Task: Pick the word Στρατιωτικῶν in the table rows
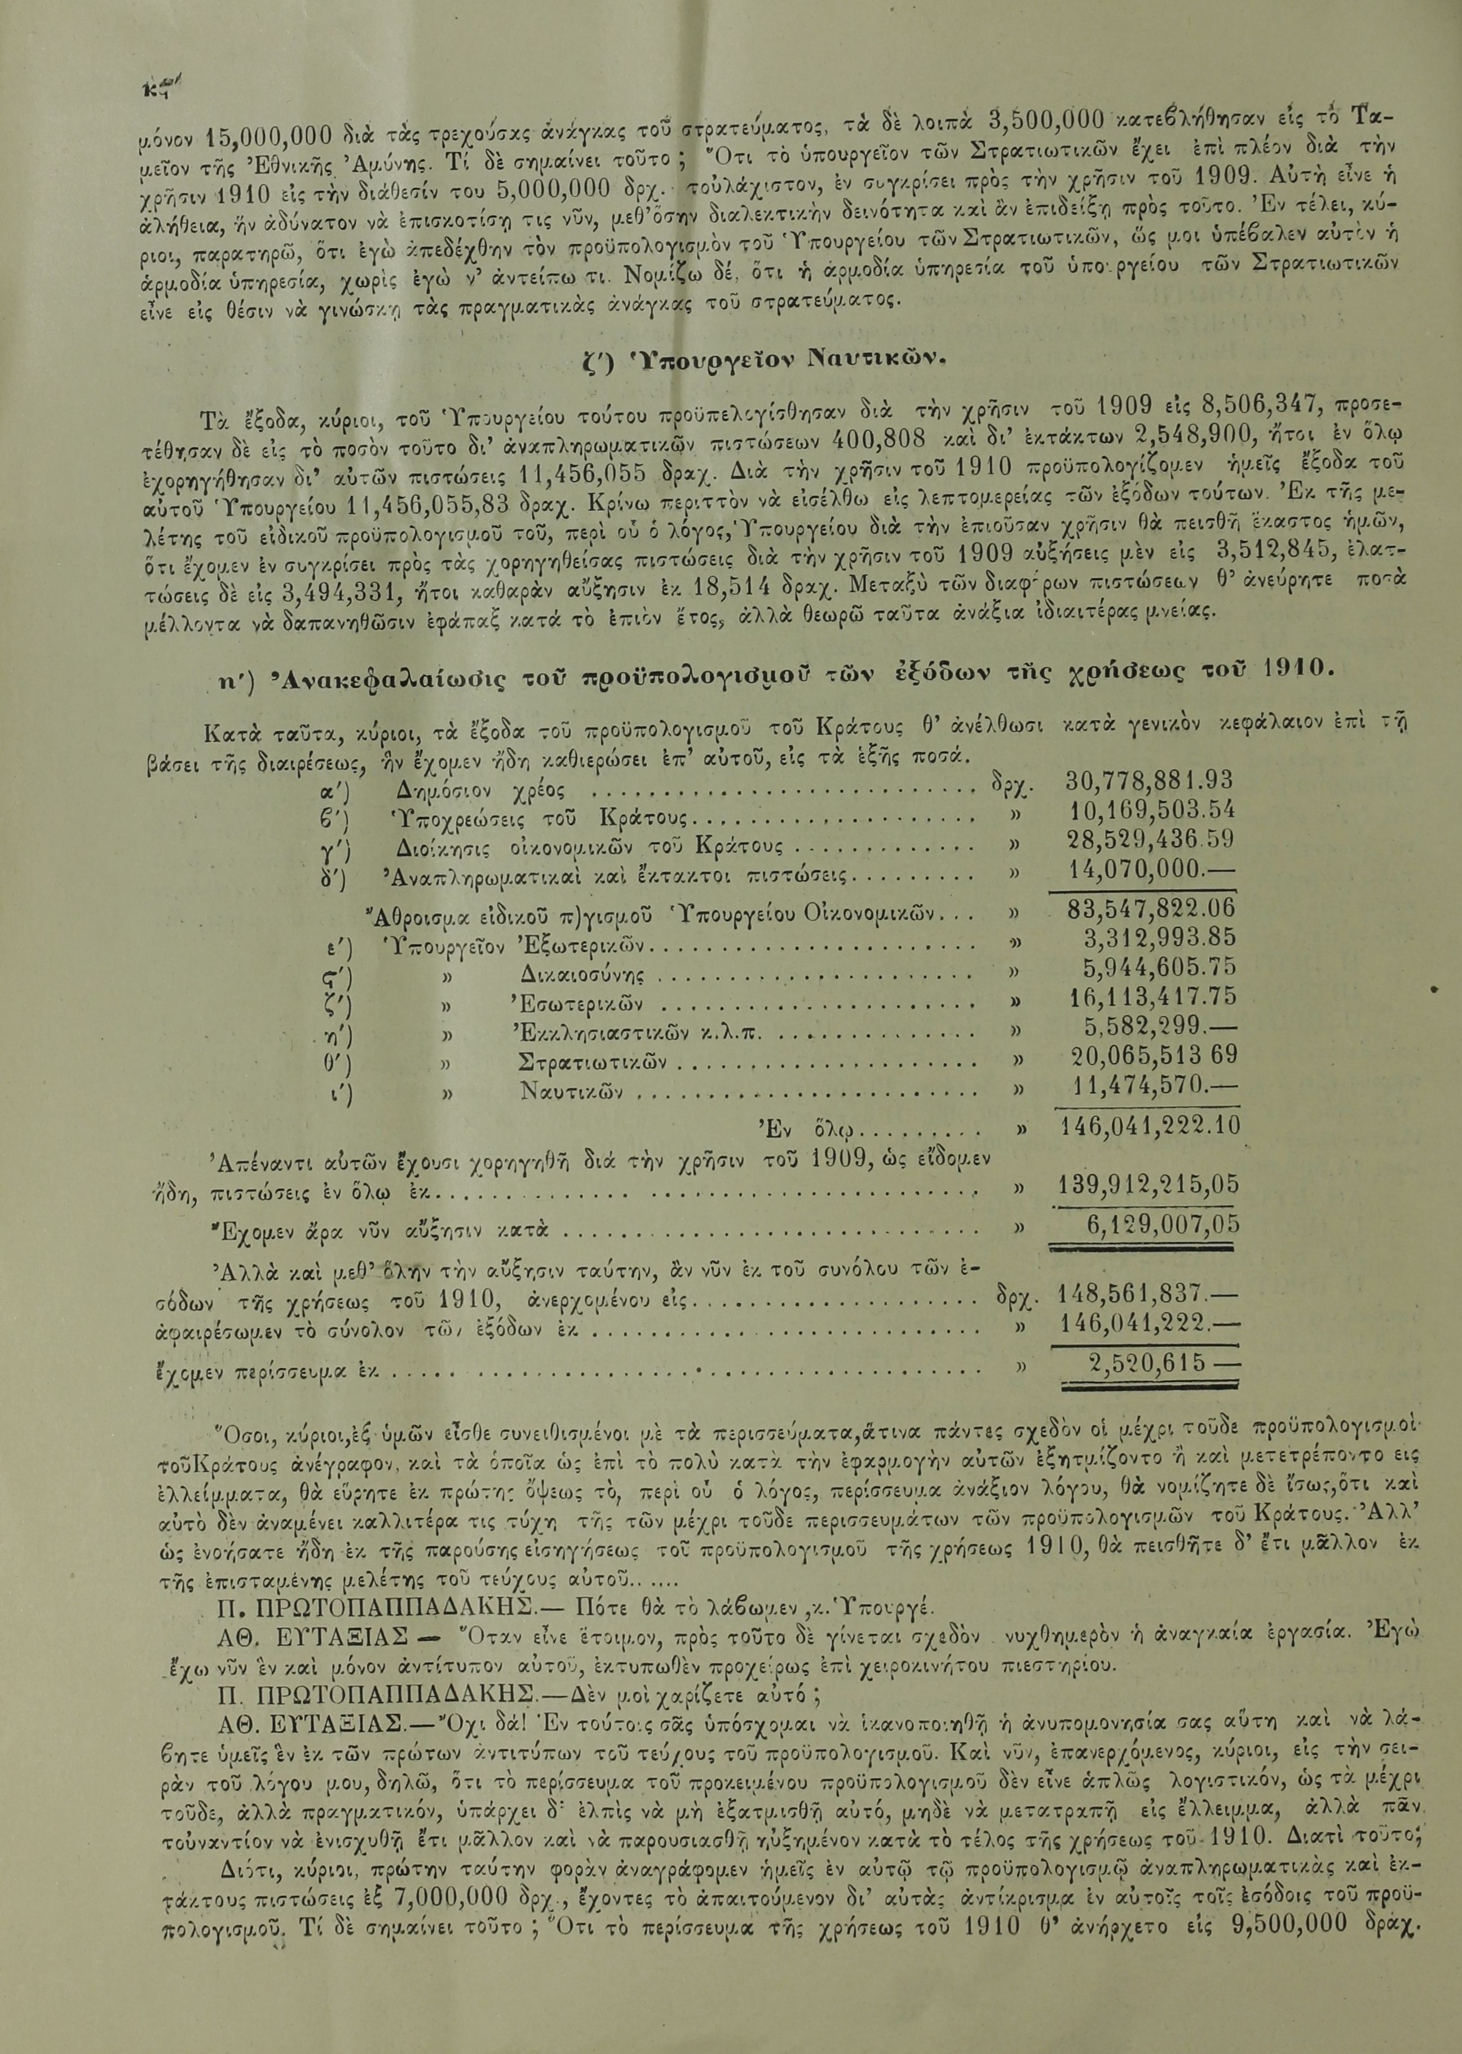593,1062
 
